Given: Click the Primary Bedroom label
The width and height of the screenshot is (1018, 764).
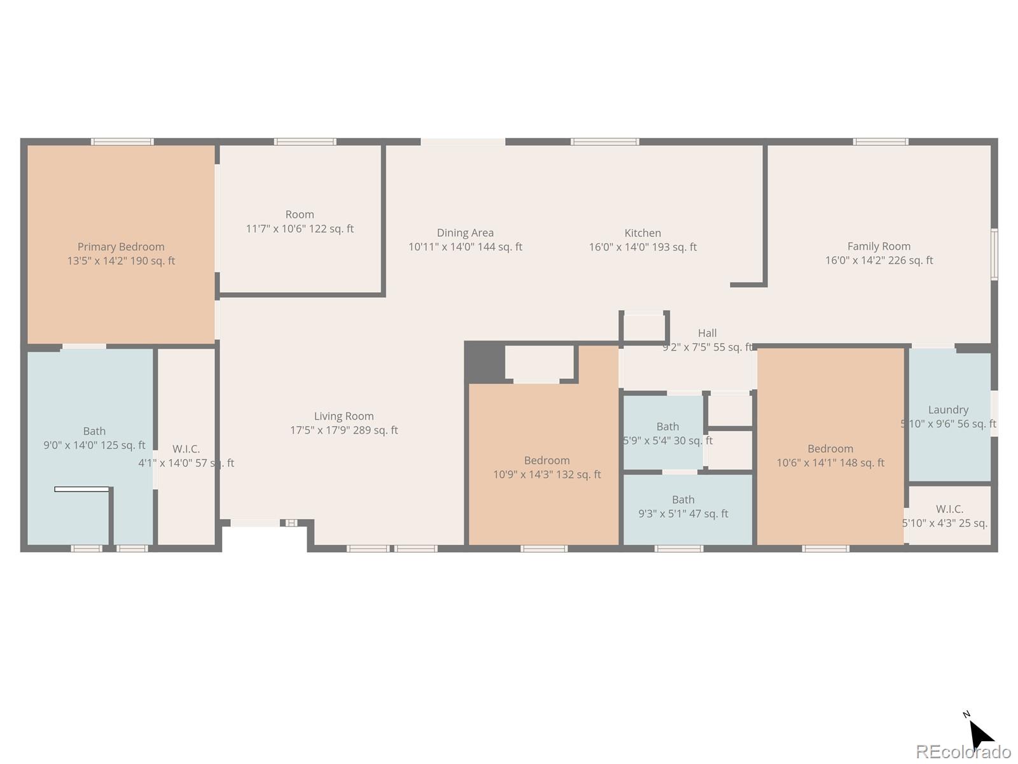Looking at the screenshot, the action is click(x=121, y=247).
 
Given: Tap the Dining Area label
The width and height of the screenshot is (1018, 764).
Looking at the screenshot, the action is click(x=465, y=233).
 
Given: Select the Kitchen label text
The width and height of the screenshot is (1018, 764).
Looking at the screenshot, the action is click(x=643, y=233).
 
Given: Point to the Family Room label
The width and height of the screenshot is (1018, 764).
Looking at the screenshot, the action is click(x=879, y=246).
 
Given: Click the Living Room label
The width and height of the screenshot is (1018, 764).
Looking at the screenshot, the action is click(x=344, y=416).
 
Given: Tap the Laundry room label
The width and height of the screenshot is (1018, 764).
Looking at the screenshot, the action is click(x=948, y=409).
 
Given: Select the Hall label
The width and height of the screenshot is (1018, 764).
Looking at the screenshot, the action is click(x=708, y=333).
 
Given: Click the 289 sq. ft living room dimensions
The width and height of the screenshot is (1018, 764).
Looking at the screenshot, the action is click(x=344, y=430).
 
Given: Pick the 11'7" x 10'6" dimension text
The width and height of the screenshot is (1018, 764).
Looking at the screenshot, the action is click(x=300, y=229).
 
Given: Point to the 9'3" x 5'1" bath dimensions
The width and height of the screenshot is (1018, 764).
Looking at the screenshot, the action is click(x=683, y=514).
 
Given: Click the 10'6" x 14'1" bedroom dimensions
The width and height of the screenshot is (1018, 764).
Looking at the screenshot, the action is click(x=830, y=463).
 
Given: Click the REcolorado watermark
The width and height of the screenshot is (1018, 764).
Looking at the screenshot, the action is click(x=963, y=751).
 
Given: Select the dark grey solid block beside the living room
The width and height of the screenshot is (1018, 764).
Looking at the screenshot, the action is click(x=485, y=362).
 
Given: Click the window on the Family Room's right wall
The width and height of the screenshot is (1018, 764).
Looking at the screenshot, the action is click(x=994, y=254).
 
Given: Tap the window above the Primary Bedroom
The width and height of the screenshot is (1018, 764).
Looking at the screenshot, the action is click(x=122, y=141).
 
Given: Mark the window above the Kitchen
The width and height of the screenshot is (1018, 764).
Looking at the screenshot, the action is click(x=605, y=141).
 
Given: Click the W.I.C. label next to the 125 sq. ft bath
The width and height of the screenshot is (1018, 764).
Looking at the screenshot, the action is click(x=186, y=449).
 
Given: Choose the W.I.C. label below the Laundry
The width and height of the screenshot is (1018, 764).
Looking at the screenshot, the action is click(x=949, y=509).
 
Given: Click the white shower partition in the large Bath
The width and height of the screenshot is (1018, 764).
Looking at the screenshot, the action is click(x=81, y=489).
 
